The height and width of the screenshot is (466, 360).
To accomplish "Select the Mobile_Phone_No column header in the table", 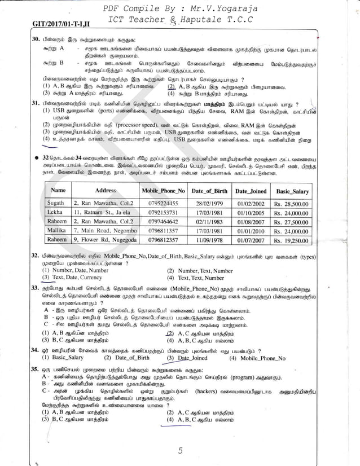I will (x=163, y=191).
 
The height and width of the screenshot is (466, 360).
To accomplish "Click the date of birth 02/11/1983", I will (x=207, y=221).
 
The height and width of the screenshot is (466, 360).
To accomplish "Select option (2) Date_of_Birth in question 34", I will (x=127, y=358).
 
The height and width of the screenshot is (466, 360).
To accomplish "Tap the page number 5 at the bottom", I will (x=180, y=450).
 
